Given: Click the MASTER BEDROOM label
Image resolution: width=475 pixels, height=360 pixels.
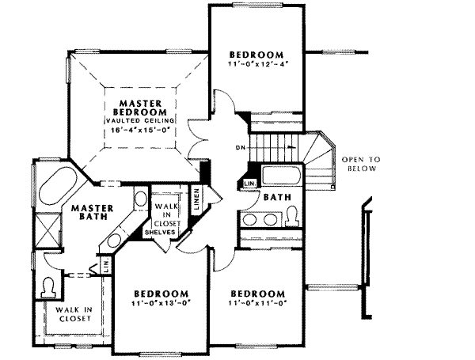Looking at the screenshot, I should [142, 108].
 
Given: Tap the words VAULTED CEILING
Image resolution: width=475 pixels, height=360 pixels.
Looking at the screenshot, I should [142, 120].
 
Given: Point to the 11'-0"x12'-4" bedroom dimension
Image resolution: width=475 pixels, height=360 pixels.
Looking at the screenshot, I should [257, 62].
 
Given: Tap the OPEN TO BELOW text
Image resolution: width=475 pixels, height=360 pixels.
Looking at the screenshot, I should [361, 164].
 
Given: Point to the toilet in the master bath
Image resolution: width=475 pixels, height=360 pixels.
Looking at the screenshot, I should [51, 285].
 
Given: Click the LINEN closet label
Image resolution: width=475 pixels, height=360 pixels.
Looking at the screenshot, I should [197, 199].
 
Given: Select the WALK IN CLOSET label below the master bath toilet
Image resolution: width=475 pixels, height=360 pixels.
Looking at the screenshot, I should [73, 314].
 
